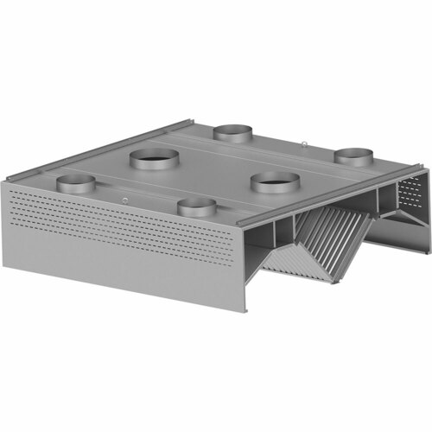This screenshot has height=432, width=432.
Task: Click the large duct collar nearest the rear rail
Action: (156, 160)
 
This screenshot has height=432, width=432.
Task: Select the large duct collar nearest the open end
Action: (276, 182)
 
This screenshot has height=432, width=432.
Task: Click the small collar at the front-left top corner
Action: (75, 183)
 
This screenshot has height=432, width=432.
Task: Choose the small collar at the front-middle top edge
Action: (195, 206)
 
